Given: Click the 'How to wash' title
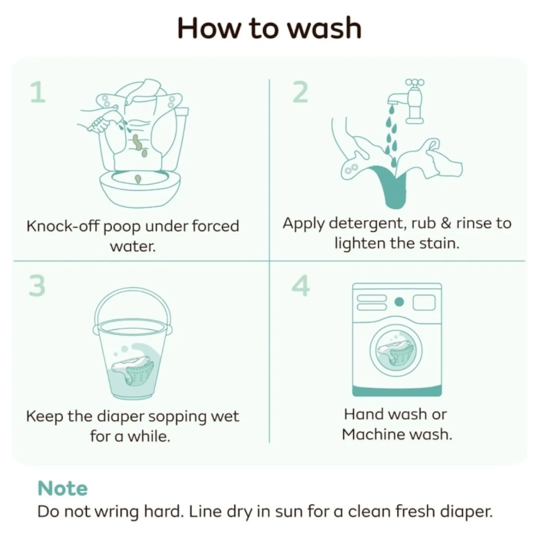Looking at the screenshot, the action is [269, 28].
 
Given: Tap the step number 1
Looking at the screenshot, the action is [38, 92].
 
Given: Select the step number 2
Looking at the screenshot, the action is [300, 92].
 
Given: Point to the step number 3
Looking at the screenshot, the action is [37, 286].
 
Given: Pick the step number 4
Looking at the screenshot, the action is [301, 286].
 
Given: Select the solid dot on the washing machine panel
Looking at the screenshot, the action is [399, 302].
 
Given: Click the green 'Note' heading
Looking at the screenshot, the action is [62, 488].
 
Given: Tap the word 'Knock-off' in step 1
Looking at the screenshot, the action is [63, 226].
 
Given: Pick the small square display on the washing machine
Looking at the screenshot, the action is [424, 303].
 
